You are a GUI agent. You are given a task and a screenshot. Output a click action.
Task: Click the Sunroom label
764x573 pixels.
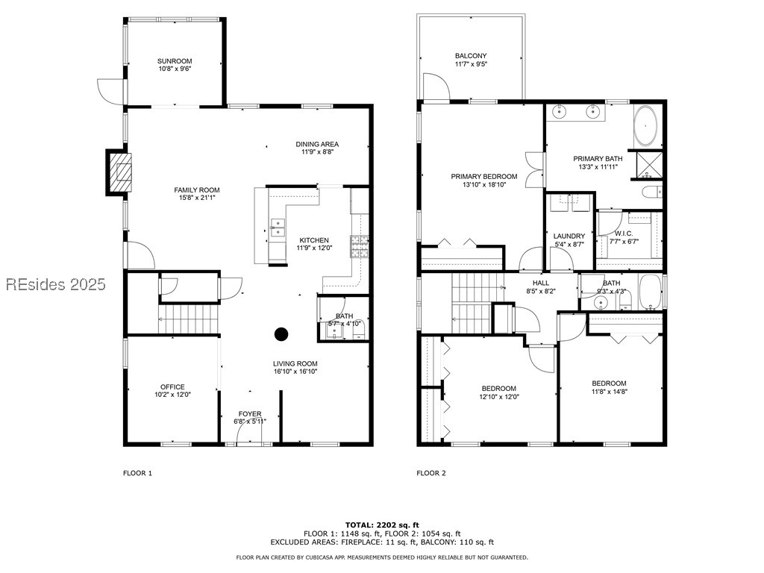(x=175, y=61)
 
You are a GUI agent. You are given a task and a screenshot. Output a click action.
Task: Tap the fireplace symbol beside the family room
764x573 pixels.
(x=119, y=175)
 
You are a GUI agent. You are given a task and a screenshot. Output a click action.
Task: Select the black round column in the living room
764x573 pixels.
(x=281, y=334)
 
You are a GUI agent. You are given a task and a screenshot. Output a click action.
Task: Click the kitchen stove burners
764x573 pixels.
(x=360, y=246)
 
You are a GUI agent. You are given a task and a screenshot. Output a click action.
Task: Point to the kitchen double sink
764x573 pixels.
(x=276, y=227)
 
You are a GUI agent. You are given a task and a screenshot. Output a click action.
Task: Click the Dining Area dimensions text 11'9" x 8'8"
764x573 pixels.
(x=317, y=152)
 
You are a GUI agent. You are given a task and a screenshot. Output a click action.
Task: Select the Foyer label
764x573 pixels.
(x=250, y=413)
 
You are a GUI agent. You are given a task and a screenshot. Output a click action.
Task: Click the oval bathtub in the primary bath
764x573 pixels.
(x=646, y=128)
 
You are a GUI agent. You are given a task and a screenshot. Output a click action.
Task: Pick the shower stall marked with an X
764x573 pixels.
(x=650, y=165)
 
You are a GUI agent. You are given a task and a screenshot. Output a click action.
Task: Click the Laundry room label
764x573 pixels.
(x=569, y=236)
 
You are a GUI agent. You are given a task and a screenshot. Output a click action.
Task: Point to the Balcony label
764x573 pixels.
(x=471, y=56)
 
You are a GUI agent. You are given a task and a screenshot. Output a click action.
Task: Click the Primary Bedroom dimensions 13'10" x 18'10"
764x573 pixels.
(x=483, y=184)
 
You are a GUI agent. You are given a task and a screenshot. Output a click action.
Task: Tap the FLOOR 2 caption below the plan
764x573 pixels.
(x=430, y=473)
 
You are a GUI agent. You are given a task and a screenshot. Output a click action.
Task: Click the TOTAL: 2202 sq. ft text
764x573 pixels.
(x=381, y=525)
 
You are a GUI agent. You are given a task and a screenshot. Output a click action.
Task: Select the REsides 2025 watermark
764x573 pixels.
(x=55, y=284)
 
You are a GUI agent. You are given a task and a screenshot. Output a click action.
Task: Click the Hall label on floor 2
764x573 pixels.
(x=541, y=283)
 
